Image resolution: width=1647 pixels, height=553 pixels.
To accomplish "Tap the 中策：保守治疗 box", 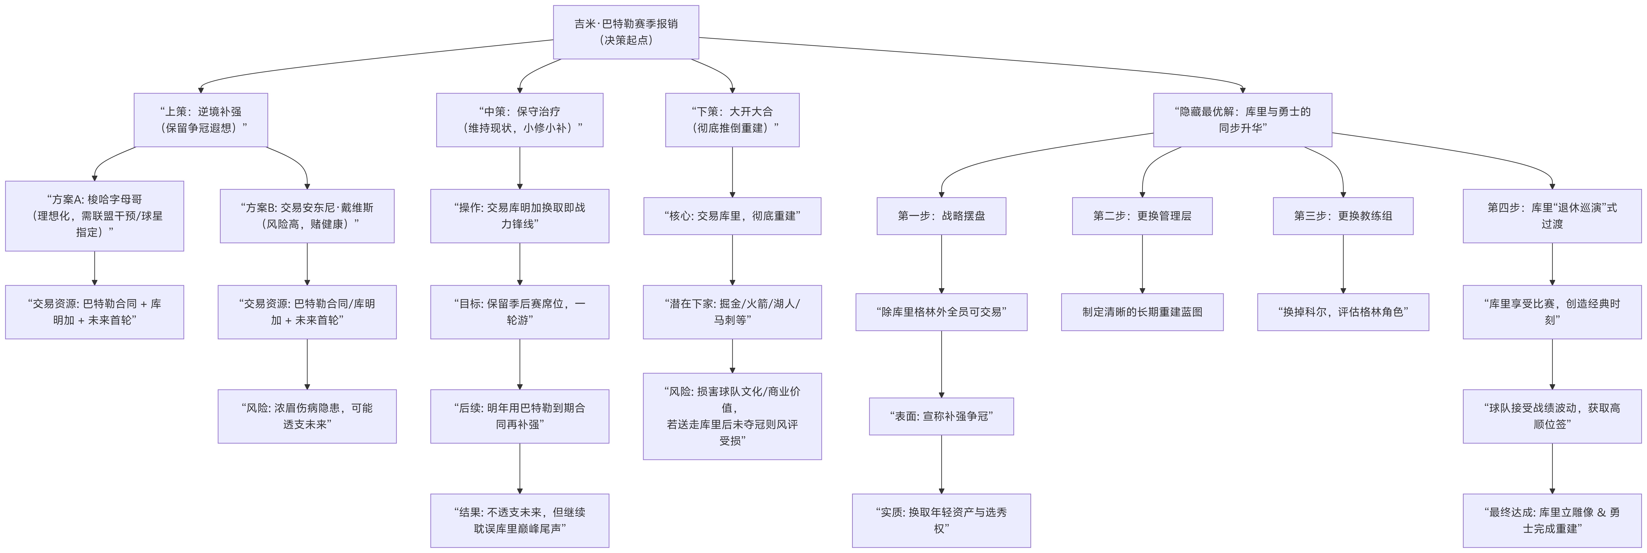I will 519,120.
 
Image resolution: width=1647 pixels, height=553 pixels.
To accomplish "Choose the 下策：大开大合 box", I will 732,120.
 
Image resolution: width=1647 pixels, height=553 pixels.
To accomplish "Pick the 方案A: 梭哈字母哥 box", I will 95,215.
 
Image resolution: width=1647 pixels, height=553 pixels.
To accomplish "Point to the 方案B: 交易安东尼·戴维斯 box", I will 307,215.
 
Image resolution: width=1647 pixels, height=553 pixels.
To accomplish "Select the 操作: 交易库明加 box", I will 519,215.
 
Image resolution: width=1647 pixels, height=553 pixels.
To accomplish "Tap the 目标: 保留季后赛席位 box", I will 519,311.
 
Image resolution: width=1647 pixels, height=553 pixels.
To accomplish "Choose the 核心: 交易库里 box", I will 732,215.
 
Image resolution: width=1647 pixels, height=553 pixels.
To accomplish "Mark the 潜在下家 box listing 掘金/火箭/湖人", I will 732,311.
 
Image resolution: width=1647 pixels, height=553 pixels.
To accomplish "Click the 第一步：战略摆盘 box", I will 941,215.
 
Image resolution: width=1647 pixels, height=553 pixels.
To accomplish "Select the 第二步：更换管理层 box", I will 1142,215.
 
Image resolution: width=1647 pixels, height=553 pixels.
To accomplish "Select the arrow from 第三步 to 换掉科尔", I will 1343,263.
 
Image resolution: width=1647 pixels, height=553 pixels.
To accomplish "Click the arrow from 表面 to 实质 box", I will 941,464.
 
